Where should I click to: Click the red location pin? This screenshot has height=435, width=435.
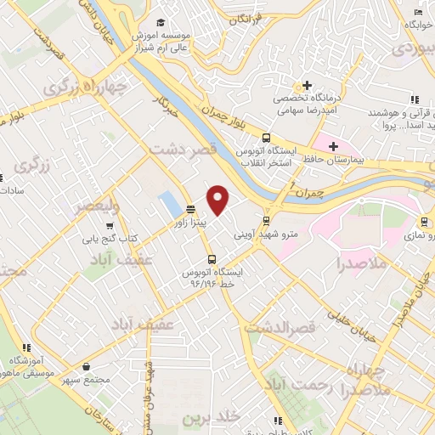pos(218,201)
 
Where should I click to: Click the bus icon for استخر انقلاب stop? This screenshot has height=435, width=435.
pos(267,138)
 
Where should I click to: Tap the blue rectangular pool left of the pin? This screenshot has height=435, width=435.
pos(169,205)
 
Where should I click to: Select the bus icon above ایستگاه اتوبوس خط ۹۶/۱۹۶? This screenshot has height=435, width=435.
pos(211,259)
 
